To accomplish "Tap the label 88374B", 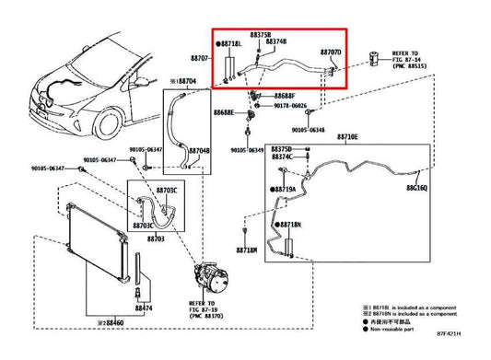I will pyautogui.click(x=277, y=42).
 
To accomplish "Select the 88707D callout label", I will pyautogui.click(x=331, y=52).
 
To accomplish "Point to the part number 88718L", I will pyautogui.click(x=231, y=44).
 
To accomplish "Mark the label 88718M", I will pyautogui.click(x=246, y=250).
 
